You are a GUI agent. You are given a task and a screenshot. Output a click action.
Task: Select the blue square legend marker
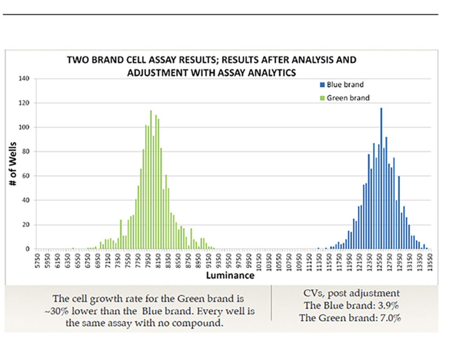click(322, 85)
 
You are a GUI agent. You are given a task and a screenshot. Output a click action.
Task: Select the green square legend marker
click(322, 98)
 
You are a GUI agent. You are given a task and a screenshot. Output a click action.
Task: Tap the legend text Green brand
click(348, 98)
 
